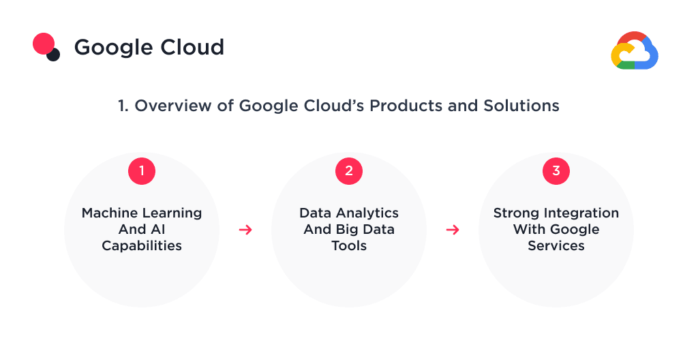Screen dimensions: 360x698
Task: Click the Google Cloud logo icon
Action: click(x=634, y=51)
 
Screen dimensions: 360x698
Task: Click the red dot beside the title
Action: click(x=44, y=44)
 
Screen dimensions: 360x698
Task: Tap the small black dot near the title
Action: click(x=53, y=55)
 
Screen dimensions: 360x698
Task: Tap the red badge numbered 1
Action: click(x=142, y=171)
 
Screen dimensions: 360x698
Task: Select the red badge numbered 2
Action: click(x=349, y=171)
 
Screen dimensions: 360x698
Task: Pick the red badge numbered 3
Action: click(x=556, y=171)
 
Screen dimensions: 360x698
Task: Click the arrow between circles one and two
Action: click(x=245, y=230)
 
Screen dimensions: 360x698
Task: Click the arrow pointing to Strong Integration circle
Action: click(x=453, y=230)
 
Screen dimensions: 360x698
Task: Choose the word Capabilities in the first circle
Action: click(x=142, y=245)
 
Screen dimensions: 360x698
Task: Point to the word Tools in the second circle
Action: click(x=349, y=245)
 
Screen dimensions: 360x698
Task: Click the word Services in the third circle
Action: click(x=556, y=245)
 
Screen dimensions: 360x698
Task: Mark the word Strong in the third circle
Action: click(x=516, y=213)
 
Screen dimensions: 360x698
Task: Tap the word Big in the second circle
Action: click(x=348, y=229)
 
